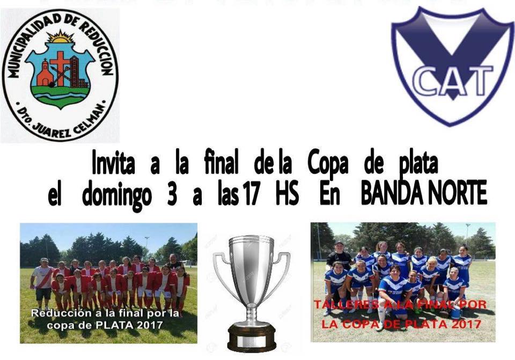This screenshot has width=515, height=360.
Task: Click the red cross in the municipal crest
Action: tap(60, 68)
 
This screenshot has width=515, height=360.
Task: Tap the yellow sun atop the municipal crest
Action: tap(60, 36)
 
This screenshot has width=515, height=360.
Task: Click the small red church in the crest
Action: tap(45, 74)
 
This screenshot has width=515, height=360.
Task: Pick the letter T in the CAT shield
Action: tap(478, 80)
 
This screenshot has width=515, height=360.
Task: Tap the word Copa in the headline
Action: tap(328, 164)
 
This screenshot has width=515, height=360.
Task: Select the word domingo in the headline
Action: tap(117, 196)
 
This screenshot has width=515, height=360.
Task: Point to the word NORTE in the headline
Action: tap(454, 194)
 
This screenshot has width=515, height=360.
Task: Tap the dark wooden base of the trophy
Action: tap(252, 336)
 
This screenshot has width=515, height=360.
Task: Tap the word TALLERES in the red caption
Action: tap(345, 305)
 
